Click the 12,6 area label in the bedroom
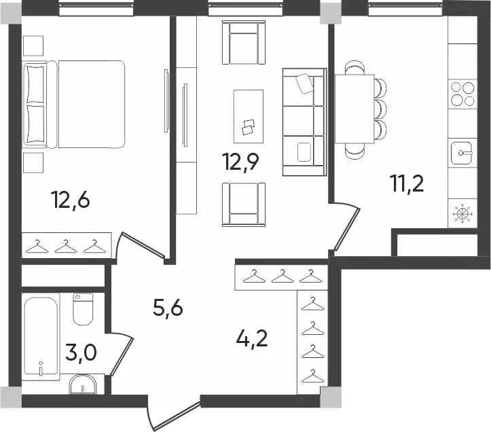72,200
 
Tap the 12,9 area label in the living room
240,162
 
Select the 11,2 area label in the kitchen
407,183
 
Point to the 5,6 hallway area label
168,308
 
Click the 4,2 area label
252,338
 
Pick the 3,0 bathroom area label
81,353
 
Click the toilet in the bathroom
83,309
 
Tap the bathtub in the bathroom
41,337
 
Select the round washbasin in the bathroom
83,384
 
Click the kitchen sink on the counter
461,153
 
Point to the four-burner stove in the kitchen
462,93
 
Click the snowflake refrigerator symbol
462,214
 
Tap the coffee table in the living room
249,116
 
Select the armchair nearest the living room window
244,42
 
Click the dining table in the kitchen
354,109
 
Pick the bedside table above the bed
33,46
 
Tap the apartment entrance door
175,415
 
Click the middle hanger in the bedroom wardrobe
65,247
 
